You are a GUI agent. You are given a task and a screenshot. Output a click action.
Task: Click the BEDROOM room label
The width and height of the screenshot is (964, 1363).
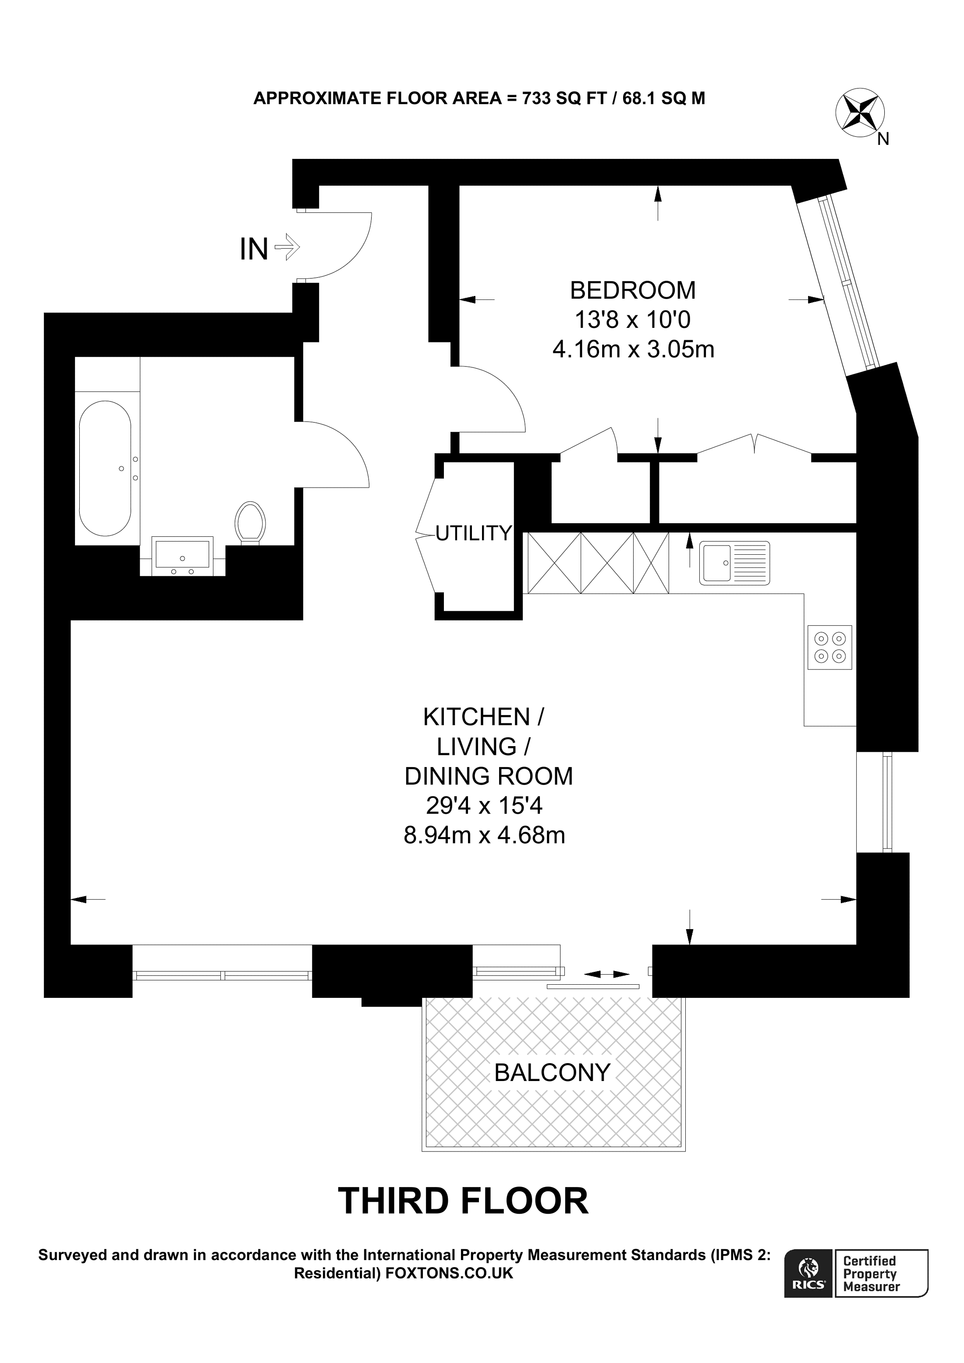click(633, 290)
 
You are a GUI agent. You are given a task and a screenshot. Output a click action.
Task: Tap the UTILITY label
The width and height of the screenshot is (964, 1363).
click(473, 534)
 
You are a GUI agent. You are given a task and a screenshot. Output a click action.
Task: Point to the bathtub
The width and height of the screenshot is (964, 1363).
click(105, 468)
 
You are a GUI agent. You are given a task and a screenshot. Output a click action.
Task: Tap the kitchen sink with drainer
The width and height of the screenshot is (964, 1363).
click(734, 562)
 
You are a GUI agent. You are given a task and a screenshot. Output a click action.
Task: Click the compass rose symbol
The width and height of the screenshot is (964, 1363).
click(859, 112)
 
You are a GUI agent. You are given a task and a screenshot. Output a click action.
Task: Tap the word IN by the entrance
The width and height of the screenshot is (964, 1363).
click(254, 249)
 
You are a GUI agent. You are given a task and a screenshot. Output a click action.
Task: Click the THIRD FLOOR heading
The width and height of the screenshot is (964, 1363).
click(463, 1201)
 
